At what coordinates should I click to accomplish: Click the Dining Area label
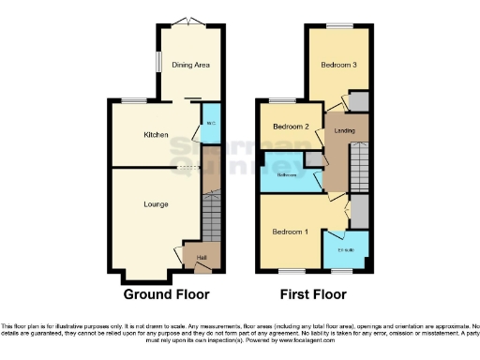(x=190, y=66)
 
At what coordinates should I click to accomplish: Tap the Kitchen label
(x=156, y=135)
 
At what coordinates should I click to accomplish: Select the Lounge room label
(x=156, y=202)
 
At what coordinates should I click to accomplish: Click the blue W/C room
(x=211, y=125)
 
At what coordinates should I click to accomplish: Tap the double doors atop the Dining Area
(x=190, y=22)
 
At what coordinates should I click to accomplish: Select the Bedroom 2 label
(x=291, y=127)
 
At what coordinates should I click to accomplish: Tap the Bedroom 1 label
(x=290, y=231)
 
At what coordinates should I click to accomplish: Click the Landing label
(x=345, y=131)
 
